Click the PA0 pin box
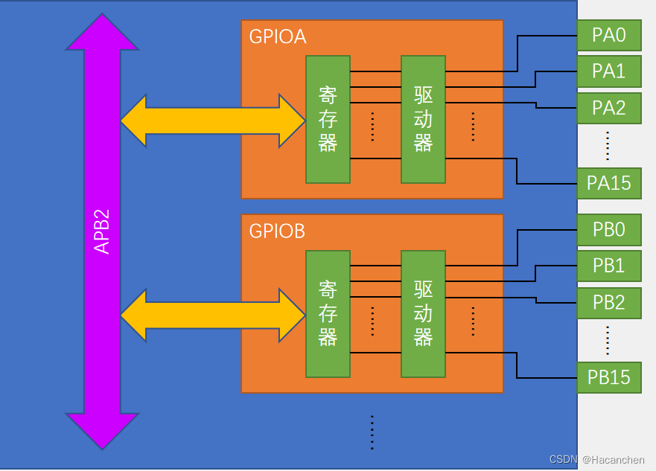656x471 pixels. pos(609,35)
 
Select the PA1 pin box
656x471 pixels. pos(609,71)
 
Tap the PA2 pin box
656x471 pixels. pos(609,108)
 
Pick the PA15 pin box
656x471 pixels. pos(609,184)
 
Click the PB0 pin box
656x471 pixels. pos(609,230)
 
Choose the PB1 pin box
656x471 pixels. pos(609,266)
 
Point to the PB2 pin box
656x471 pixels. pos(609,303)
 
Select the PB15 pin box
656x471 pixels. pos(609,378)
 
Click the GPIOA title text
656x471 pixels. pos(278,36)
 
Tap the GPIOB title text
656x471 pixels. pos(277,231)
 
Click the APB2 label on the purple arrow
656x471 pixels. pos(102,231)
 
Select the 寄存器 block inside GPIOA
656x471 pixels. pos(328,120)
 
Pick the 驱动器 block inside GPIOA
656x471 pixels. pos(424,120)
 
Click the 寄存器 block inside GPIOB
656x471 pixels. pos(328,314)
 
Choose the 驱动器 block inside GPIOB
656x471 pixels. pos(424,314)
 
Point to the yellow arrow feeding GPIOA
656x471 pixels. pos(213,121)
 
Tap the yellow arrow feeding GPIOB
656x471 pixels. pos(213,315)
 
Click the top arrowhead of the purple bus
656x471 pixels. pos(102,32)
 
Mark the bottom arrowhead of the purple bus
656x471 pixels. pos(102,432)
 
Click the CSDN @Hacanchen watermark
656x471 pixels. pos(597,460)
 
